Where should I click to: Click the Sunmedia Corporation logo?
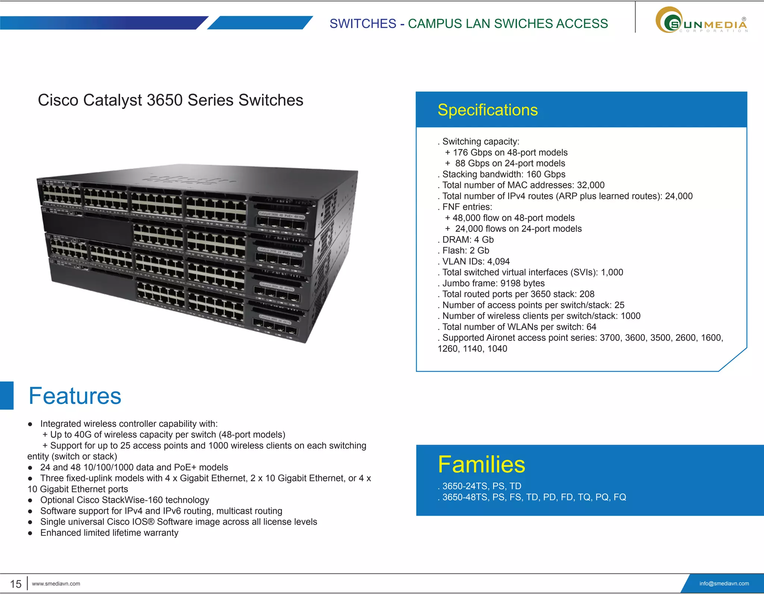coord(701,21)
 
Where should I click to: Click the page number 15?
coord(16,584)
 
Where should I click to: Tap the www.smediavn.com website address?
coord(56,584)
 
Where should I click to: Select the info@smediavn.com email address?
coord(724,584)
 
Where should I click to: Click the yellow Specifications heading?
coord(488,110)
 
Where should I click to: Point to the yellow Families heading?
coord(481,464)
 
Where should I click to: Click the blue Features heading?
coord(75,396)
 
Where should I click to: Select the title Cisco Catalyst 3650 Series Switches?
coord(170,100)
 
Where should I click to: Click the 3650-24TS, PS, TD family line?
coord(481,486)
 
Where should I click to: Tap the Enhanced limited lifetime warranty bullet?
coord(109,533)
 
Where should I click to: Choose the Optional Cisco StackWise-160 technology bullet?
coord(125,500)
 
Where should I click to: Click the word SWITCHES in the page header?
coord(363,24)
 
